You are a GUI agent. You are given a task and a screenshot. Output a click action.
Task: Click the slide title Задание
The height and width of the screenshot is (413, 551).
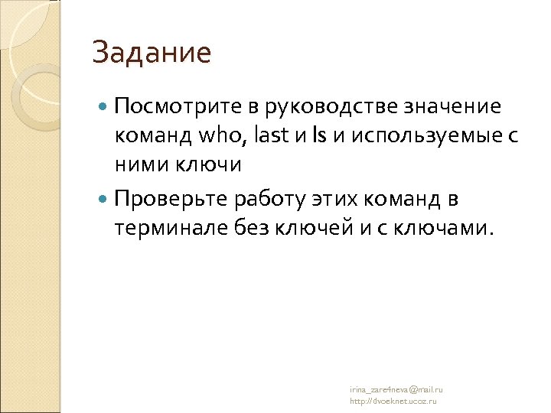click(x=151, y=54)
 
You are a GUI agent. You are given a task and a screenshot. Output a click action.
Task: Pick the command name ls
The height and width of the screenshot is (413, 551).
click(x=318, y=135)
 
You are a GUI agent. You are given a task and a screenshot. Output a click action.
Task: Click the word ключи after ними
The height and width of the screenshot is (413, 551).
click(x=209, y=165)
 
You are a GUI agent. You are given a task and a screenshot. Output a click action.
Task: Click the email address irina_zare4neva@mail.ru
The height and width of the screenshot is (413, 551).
click(x=396, y=389)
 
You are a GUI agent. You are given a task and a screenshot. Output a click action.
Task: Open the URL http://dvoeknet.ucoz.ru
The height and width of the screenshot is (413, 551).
click(x=393, y=401)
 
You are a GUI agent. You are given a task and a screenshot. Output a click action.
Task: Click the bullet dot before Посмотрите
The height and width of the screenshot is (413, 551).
click(x=104, y=106)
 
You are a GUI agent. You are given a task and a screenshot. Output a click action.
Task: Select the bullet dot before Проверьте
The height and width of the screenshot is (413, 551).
click(x=104, y=200)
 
